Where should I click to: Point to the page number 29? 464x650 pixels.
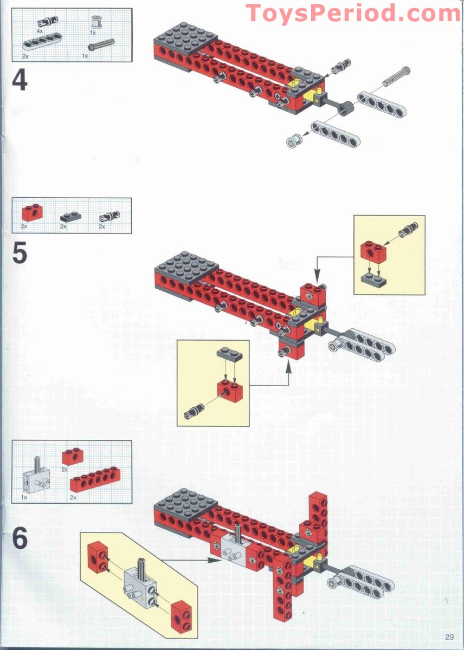[449, 637]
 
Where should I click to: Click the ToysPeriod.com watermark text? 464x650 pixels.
[353, 13]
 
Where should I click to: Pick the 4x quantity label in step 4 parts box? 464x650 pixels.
[40, 31]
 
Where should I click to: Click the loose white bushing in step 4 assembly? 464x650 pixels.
[293, 141]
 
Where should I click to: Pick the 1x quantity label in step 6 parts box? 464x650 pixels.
[24, 496]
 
